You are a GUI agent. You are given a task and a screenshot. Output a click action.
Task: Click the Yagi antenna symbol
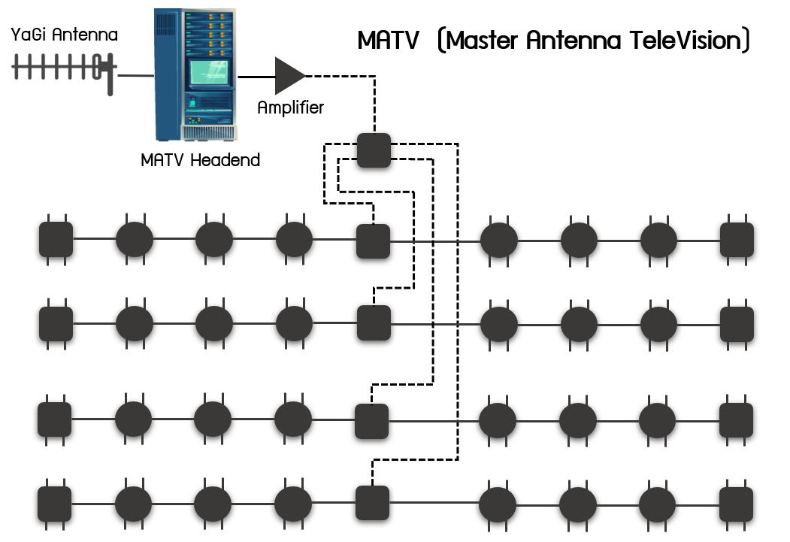64,69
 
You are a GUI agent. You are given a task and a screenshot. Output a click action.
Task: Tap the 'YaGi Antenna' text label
65,35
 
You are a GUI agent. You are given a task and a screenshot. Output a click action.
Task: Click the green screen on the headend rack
208,73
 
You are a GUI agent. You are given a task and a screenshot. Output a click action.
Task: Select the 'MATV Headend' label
200,159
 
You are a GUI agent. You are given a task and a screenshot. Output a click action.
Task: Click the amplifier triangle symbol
289,75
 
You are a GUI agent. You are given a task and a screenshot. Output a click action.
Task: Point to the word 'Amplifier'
290,107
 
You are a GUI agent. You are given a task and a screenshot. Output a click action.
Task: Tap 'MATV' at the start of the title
388,41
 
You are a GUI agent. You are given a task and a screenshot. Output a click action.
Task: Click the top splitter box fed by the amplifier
374,150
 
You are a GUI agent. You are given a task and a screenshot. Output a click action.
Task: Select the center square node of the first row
372,241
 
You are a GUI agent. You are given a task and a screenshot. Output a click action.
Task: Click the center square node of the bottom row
372,503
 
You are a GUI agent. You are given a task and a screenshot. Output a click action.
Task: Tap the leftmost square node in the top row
56,240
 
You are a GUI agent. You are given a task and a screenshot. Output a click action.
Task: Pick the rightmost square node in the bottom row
737,503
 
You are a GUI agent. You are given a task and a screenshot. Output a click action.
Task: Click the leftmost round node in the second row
135,323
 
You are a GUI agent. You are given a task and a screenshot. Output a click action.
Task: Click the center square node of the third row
371,421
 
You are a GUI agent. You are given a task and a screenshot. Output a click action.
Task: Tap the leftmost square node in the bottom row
55,503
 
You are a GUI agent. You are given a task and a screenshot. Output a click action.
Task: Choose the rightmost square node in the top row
737,241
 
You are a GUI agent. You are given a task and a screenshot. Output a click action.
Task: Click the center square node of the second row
373,323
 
